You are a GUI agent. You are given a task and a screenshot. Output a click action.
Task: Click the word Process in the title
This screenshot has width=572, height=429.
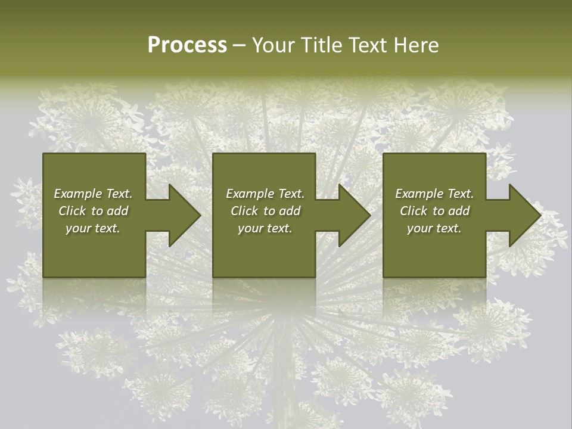tap(187, 45)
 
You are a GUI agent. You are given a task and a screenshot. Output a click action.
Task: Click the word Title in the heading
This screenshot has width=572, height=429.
tap(320, 45)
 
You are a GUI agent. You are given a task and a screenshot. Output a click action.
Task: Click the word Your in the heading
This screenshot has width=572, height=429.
tap(273, 45)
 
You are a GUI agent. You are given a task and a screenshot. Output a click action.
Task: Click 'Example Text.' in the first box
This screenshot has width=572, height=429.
tap(93, 194)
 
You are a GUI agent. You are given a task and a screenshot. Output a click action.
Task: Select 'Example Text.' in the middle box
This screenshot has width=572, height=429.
tap(265, 194)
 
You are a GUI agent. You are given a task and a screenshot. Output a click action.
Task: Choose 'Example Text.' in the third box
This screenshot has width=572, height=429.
tap(434, 194)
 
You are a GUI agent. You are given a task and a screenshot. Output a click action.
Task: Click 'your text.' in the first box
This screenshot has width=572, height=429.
tap(93, 228)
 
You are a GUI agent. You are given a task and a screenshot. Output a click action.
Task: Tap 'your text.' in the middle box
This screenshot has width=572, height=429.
tap(265, 228)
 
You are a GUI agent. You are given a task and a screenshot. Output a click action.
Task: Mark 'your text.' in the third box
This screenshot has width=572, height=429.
tap(434, 228)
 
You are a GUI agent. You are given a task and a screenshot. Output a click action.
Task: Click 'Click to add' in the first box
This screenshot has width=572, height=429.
tap(93, 211)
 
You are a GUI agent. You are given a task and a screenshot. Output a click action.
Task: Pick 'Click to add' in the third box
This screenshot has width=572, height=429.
tap(434, 211)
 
